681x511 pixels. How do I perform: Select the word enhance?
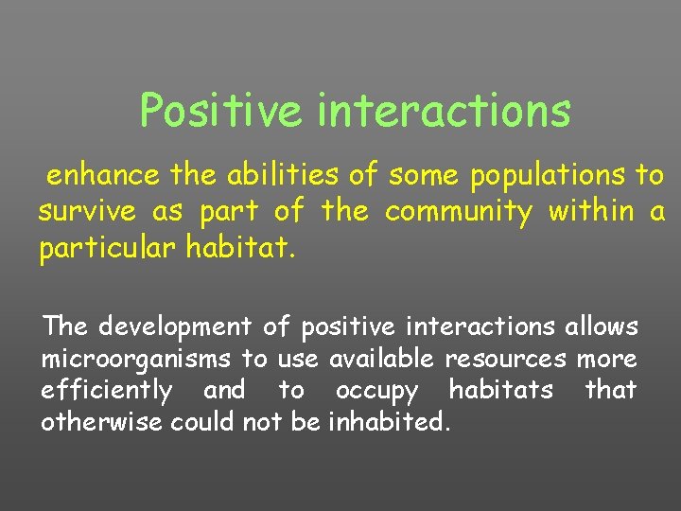(104, 175)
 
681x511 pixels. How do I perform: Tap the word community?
(458, 212)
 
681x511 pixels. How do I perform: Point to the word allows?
(602, 326)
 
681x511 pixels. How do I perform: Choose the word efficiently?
(106, 391)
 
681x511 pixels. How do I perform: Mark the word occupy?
(375, 391)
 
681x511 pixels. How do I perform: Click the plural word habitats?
(501, 389)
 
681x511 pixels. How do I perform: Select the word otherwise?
(102, 421)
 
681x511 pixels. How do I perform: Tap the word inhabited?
(386, 421)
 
